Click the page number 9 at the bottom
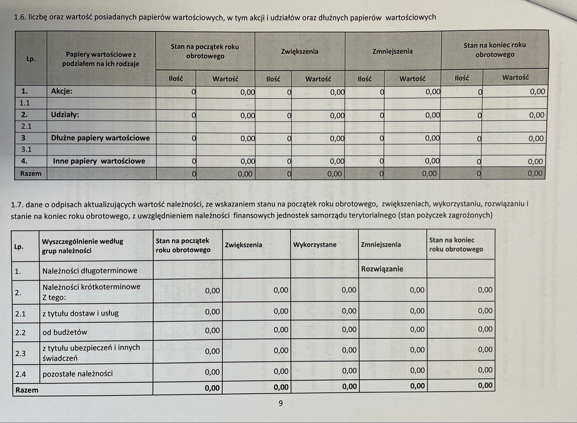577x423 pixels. [281, 403]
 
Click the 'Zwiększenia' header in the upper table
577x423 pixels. [299, 52]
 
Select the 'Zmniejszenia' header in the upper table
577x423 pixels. [392, 51]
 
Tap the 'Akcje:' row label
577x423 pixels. [62, 91]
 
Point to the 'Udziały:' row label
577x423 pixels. [65, 115]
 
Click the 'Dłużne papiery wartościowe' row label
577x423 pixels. [100, 138]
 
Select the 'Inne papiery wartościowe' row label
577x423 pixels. [99, 161]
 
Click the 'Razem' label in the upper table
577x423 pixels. [31, 173]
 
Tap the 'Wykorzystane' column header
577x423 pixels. [315, 245]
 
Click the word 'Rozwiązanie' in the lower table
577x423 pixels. [382, 269]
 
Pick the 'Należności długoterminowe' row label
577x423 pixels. [90, 270]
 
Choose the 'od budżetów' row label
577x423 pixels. [65, 332]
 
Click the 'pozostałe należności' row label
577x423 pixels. [77, 373]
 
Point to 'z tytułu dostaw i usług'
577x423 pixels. [81, 313]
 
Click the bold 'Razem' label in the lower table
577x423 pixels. [27, 390]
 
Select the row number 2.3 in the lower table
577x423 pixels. [21, 353]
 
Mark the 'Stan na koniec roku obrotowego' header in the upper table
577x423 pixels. [495, 50]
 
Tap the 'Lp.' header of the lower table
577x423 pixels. [19, 247]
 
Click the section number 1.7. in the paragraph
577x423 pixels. [17, 204]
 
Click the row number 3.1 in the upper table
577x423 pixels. [26, 149]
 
